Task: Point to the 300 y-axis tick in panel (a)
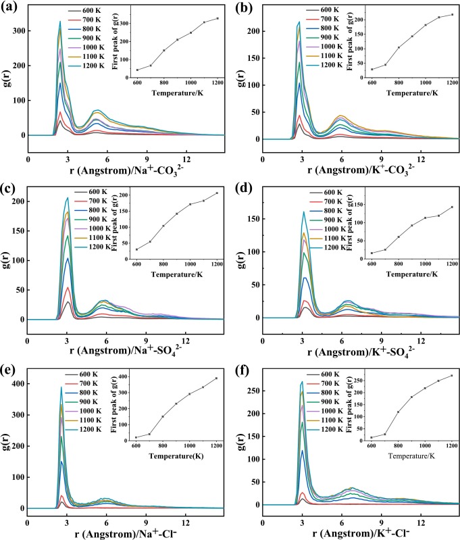[x=18, y=31]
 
